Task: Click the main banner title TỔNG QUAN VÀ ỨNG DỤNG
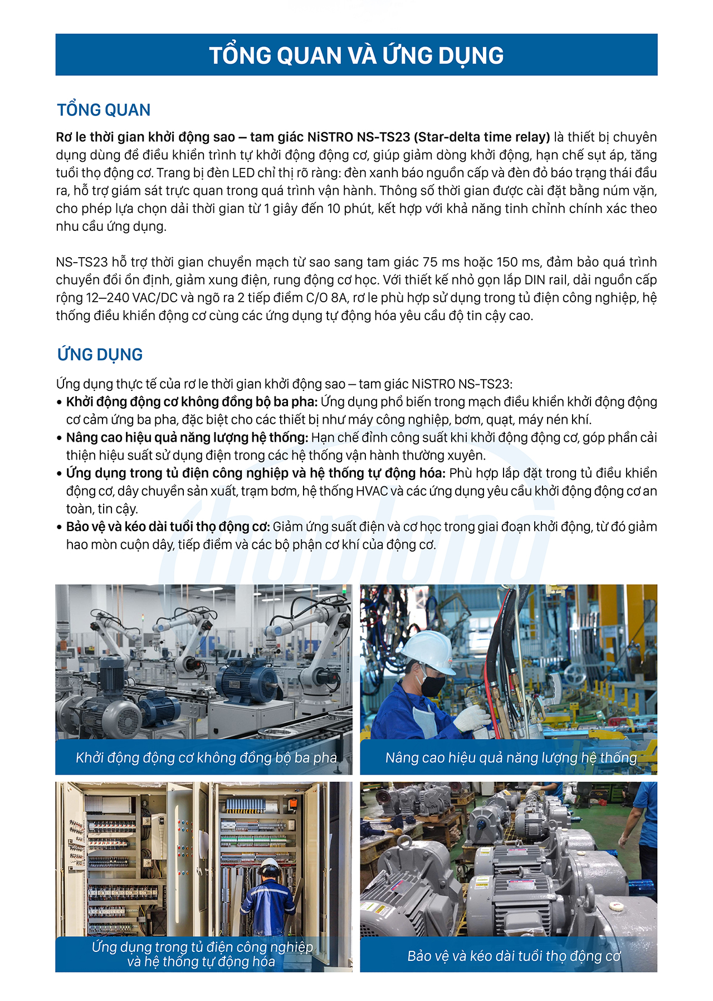[356, 55]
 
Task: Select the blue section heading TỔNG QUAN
[104, 110]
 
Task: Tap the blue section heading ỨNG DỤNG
[100, 354]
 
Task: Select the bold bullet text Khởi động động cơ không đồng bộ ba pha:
[192, 402]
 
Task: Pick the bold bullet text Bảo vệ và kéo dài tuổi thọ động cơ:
[168, 527]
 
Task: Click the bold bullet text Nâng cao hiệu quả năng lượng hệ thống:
[187, 438]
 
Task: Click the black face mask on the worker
[432, 684]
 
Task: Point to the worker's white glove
[471, 719]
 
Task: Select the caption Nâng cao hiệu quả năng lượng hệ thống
[511, 757]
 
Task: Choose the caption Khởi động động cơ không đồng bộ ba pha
[206, 757]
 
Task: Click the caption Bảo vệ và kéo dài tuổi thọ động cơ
[514, 956]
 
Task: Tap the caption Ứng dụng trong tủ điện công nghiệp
[202, 947]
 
